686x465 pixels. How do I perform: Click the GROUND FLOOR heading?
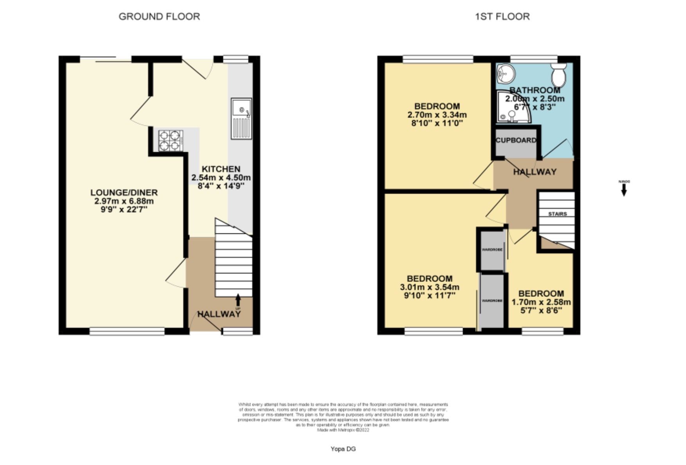click(159, 16)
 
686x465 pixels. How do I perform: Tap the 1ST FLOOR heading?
click(502, 16)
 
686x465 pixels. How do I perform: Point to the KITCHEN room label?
click(221, 169)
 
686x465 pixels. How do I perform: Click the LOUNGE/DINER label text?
click(124, 192)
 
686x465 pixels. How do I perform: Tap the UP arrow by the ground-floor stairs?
click(238, 300)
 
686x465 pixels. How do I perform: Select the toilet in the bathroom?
click(558, 75)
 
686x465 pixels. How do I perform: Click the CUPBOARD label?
click(516, 140)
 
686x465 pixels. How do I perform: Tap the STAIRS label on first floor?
click(557, 214)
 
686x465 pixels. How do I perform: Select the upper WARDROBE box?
click(492, 250)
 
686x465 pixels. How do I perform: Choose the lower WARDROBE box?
click(492, 301)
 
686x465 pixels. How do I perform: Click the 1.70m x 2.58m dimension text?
click(541, 302)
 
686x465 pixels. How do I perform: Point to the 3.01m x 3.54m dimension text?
click(429, 287)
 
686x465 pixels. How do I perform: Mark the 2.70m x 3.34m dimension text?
click(437, 115)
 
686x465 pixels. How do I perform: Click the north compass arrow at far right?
click(624, 190)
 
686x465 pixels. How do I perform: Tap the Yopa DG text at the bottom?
click(343, 449)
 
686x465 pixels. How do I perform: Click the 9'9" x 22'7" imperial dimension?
click(124, 210)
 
